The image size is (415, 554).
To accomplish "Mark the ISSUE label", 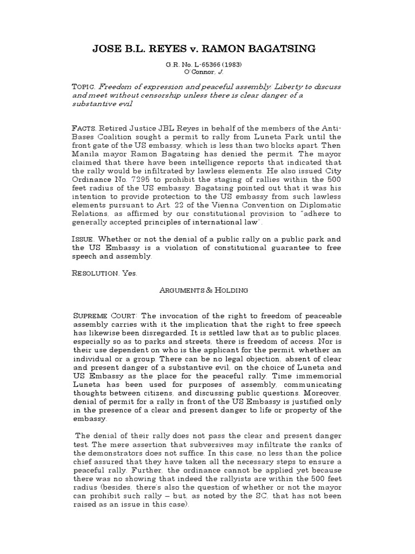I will (84, 239).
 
